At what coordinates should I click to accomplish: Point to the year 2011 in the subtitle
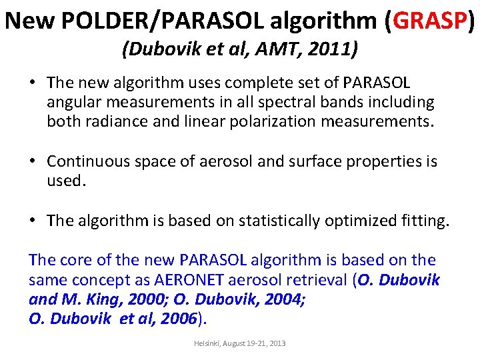(335, 49)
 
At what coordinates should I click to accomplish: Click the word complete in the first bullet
(250, 83)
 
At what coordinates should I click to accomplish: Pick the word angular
(75, 103)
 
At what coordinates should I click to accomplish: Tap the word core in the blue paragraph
(74, 260)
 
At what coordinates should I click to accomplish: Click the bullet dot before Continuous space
(33, 162)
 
